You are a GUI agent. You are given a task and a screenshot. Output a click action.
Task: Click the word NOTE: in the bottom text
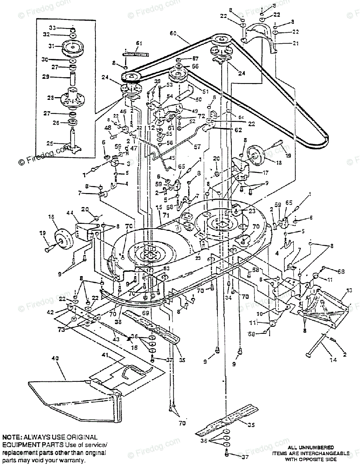coord(12,438)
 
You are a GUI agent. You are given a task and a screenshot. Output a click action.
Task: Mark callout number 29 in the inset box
coord(45,77)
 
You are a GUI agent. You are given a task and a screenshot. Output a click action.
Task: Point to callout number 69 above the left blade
coord(145,313)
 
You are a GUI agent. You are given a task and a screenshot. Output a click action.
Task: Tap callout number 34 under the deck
coord(229,298)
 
